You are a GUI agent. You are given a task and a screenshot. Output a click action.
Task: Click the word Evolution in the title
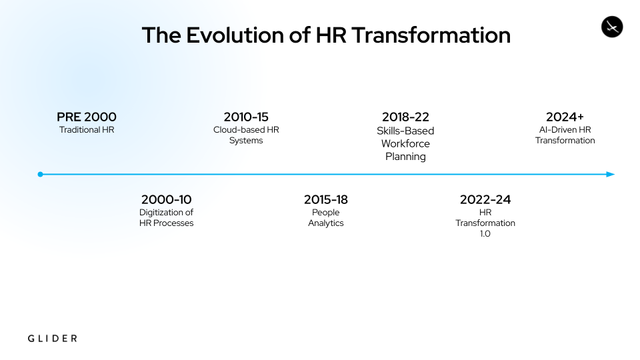[236, 35]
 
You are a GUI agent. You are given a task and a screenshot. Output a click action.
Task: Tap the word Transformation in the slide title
[431, 35]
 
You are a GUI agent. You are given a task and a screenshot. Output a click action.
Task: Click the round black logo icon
[612, 27]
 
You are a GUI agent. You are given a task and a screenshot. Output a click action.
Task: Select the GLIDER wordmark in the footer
[52, 339]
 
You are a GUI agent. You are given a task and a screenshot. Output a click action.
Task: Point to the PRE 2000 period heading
[87, 117]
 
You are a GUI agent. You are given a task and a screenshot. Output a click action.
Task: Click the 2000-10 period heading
[166, 199]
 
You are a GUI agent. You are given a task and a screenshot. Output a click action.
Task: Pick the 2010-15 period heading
[246, 117]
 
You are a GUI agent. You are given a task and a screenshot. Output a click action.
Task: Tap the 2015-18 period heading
[326, 199]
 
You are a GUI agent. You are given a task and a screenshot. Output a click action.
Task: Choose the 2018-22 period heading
[405, 117]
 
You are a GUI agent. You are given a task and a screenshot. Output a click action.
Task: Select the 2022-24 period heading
[485, 199]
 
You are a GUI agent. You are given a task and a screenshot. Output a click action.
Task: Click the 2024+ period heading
[565, 117]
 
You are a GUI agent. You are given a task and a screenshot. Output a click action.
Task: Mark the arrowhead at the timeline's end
[611, 174]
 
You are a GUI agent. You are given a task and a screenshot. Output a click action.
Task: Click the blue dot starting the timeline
[40, 174]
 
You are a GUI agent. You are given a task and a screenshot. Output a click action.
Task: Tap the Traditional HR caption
[87, 130]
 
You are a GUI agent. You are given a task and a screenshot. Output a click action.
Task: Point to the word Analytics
[326, 223]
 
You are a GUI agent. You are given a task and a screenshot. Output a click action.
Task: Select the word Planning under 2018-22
[405, 157]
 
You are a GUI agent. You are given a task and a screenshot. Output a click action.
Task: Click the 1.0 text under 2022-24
[485, 234]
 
